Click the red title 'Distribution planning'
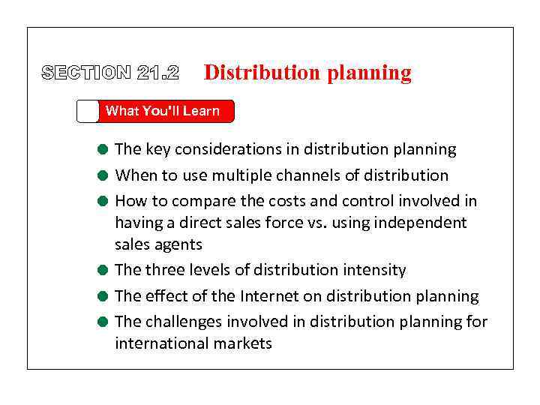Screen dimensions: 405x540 click(x=307, y=73)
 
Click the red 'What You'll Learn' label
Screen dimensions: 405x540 click(x=163, y=111)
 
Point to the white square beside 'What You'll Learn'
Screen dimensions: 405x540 click(x=88, y=111)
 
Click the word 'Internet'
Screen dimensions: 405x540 click(x=272, y=296)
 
